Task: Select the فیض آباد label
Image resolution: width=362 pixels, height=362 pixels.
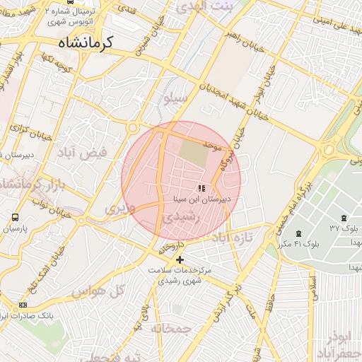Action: [x=84, y=151]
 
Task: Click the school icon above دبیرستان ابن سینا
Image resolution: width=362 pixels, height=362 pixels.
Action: [x=201, y=189]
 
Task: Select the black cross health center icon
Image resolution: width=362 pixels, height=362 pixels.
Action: [x=180, y=259]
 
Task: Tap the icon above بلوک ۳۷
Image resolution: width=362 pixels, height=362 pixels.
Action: [x=344, y=218]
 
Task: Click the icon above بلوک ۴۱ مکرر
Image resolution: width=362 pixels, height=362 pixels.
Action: [x=298, y=233]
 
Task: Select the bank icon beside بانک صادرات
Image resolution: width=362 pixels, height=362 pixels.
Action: [x=23, y=305]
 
